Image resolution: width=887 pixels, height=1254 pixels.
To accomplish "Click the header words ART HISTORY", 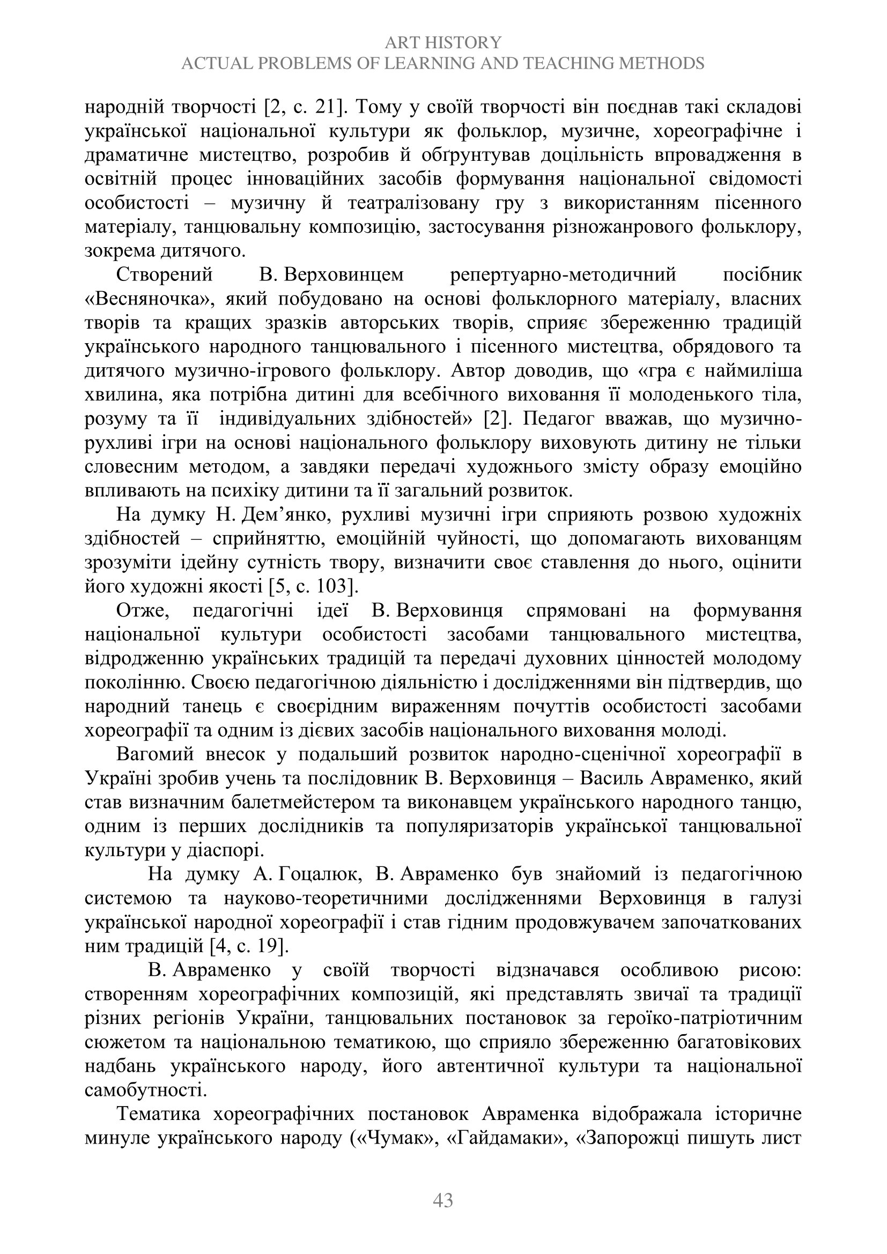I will click(x=442, y=42).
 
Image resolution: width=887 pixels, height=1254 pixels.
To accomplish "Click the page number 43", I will click(x=443, y=1199).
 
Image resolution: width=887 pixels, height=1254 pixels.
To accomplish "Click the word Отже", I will click(x=141, y=610).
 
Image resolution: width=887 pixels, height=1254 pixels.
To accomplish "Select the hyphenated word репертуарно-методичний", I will click(x=563, y=274).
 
